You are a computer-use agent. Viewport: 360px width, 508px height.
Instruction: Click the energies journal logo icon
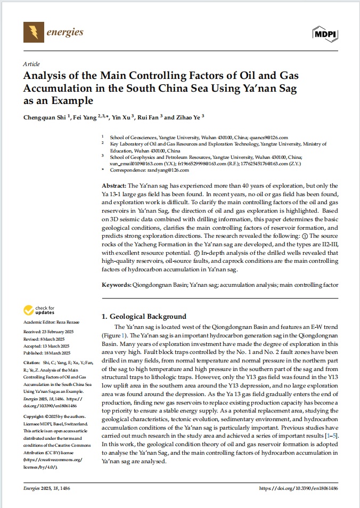(x=34, y=32)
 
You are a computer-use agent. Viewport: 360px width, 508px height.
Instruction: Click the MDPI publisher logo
(x=324, y=34)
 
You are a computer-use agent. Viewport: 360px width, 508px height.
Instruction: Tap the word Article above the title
(x=31, y=63)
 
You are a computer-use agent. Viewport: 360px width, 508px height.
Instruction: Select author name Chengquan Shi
(x=45, y=117)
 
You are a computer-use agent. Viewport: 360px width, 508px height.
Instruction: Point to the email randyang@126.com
(x=165, y=170)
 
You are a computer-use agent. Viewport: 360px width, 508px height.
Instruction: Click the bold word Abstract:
(x=116, y=186)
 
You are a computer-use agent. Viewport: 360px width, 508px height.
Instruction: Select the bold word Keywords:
(x=117, y=285)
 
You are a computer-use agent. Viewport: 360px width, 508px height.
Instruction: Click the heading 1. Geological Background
(x=144, y=317)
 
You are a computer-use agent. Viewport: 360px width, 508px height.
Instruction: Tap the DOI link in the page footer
(x=298, y=488)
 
